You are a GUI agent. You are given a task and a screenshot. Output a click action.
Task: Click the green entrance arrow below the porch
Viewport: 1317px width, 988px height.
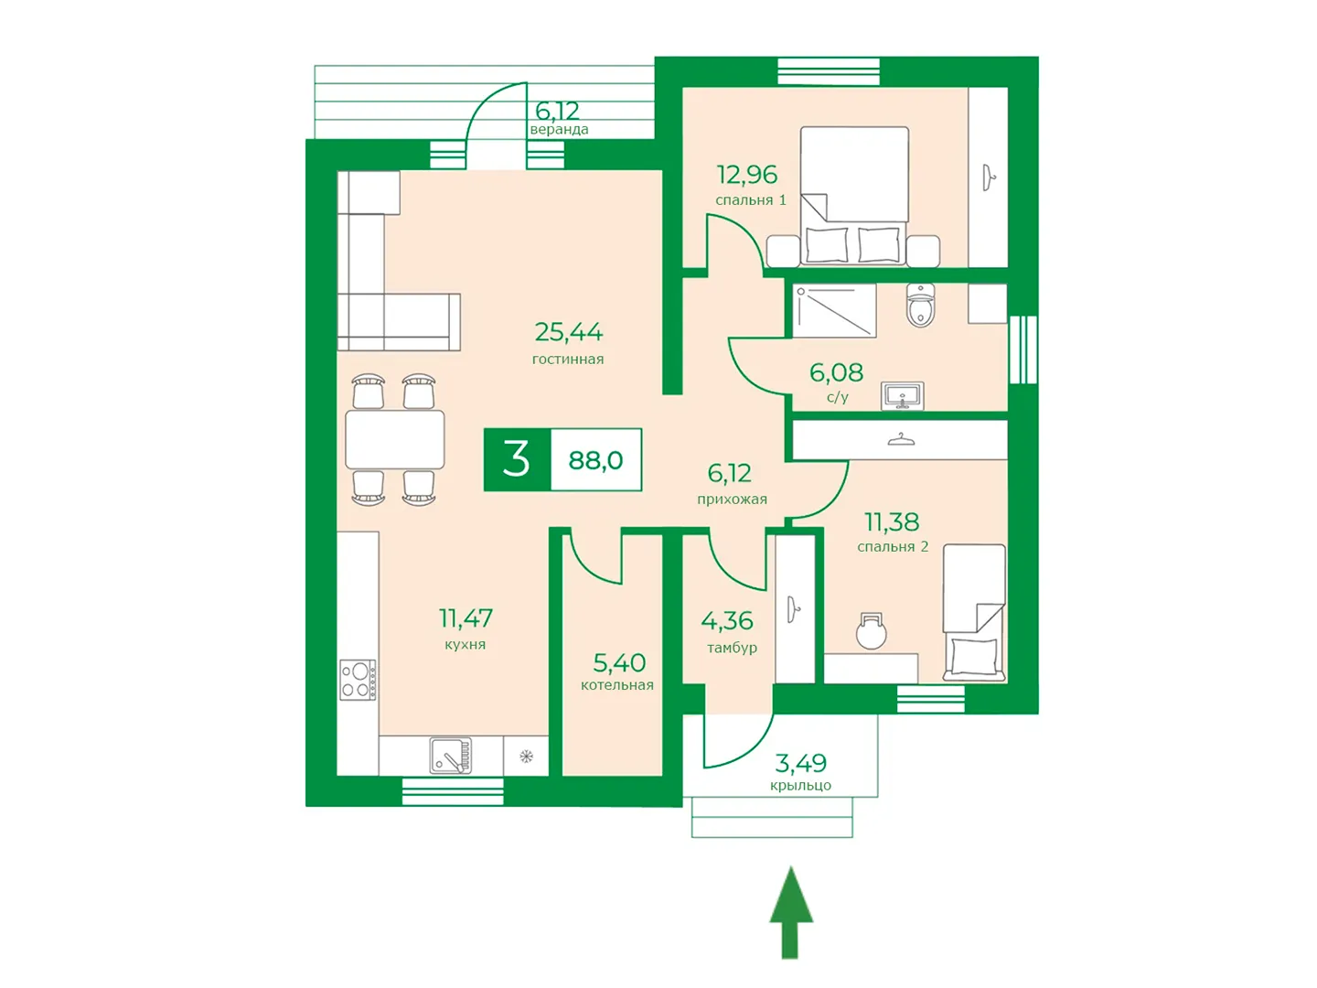[x=791, y=912]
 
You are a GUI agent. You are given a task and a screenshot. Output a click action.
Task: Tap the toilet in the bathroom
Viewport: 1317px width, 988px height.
[x=920, y=305]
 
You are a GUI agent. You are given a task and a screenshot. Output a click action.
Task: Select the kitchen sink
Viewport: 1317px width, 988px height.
[x=450, y=756]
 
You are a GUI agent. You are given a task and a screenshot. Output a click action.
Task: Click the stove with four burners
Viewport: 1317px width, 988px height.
[x=358, y=680]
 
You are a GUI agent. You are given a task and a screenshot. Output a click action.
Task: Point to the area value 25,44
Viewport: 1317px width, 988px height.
[x=568, y=332]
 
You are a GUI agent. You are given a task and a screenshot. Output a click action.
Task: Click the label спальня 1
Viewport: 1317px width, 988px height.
[x=751, y=199]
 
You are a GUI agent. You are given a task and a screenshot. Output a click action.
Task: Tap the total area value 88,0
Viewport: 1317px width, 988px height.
[x=595, y=460]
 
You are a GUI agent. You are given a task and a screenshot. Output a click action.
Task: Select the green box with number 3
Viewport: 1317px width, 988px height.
[x=518, y=459]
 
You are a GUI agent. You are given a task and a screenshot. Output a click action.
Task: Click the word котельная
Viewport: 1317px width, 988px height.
[x=616, y=685]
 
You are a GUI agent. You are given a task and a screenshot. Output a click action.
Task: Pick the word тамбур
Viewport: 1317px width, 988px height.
[x=732, y=649]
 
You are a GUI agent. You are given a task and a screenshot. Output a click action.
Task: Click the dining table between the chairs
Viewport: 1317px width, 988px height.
[x=395, y=440]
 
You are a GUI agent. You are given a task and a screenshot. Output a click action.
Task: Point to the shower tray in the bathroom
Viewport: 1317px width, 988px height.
[x=834, y=311]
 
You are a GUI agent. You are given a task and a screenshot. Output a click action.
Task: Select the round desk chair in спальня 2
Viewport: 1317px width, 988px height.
[x=872, y=631]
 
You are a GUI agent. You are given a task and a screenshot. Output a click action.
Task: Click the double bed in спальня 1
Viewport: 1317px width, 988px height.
[x=854, y=196]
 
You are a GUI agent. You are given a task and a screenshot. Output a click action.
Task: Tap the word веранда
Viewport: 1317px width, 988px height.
[x=559, y=130]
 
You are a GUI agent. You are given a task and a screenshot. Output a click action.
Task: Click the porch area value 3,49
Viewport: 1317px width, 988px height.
[x=800, y=763]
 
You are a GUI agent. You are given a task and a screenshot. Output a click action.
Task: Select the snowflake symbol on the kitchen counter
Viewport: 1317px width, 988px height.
[x=526, y=757]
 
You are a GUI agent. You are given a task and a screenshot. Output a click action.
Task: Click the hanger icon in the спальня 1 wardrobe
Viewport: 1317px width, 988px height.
[x=988, y=178]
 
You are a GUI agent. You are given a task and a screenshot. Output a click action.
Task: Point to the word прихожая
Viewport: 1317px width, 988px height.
[x=732, y=499]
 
